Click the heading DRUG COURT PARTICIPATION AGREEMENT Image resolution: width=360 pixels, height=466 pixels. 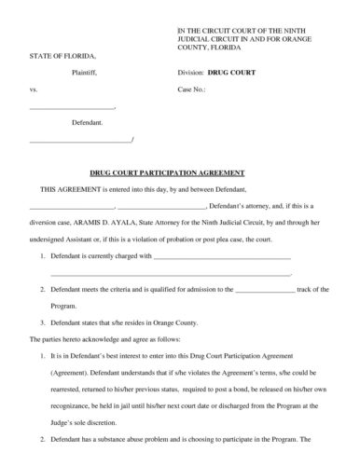(x=179, y=172)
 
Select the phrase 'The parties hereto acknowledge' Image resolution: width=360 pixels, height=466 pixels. (x=68, y=337)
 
